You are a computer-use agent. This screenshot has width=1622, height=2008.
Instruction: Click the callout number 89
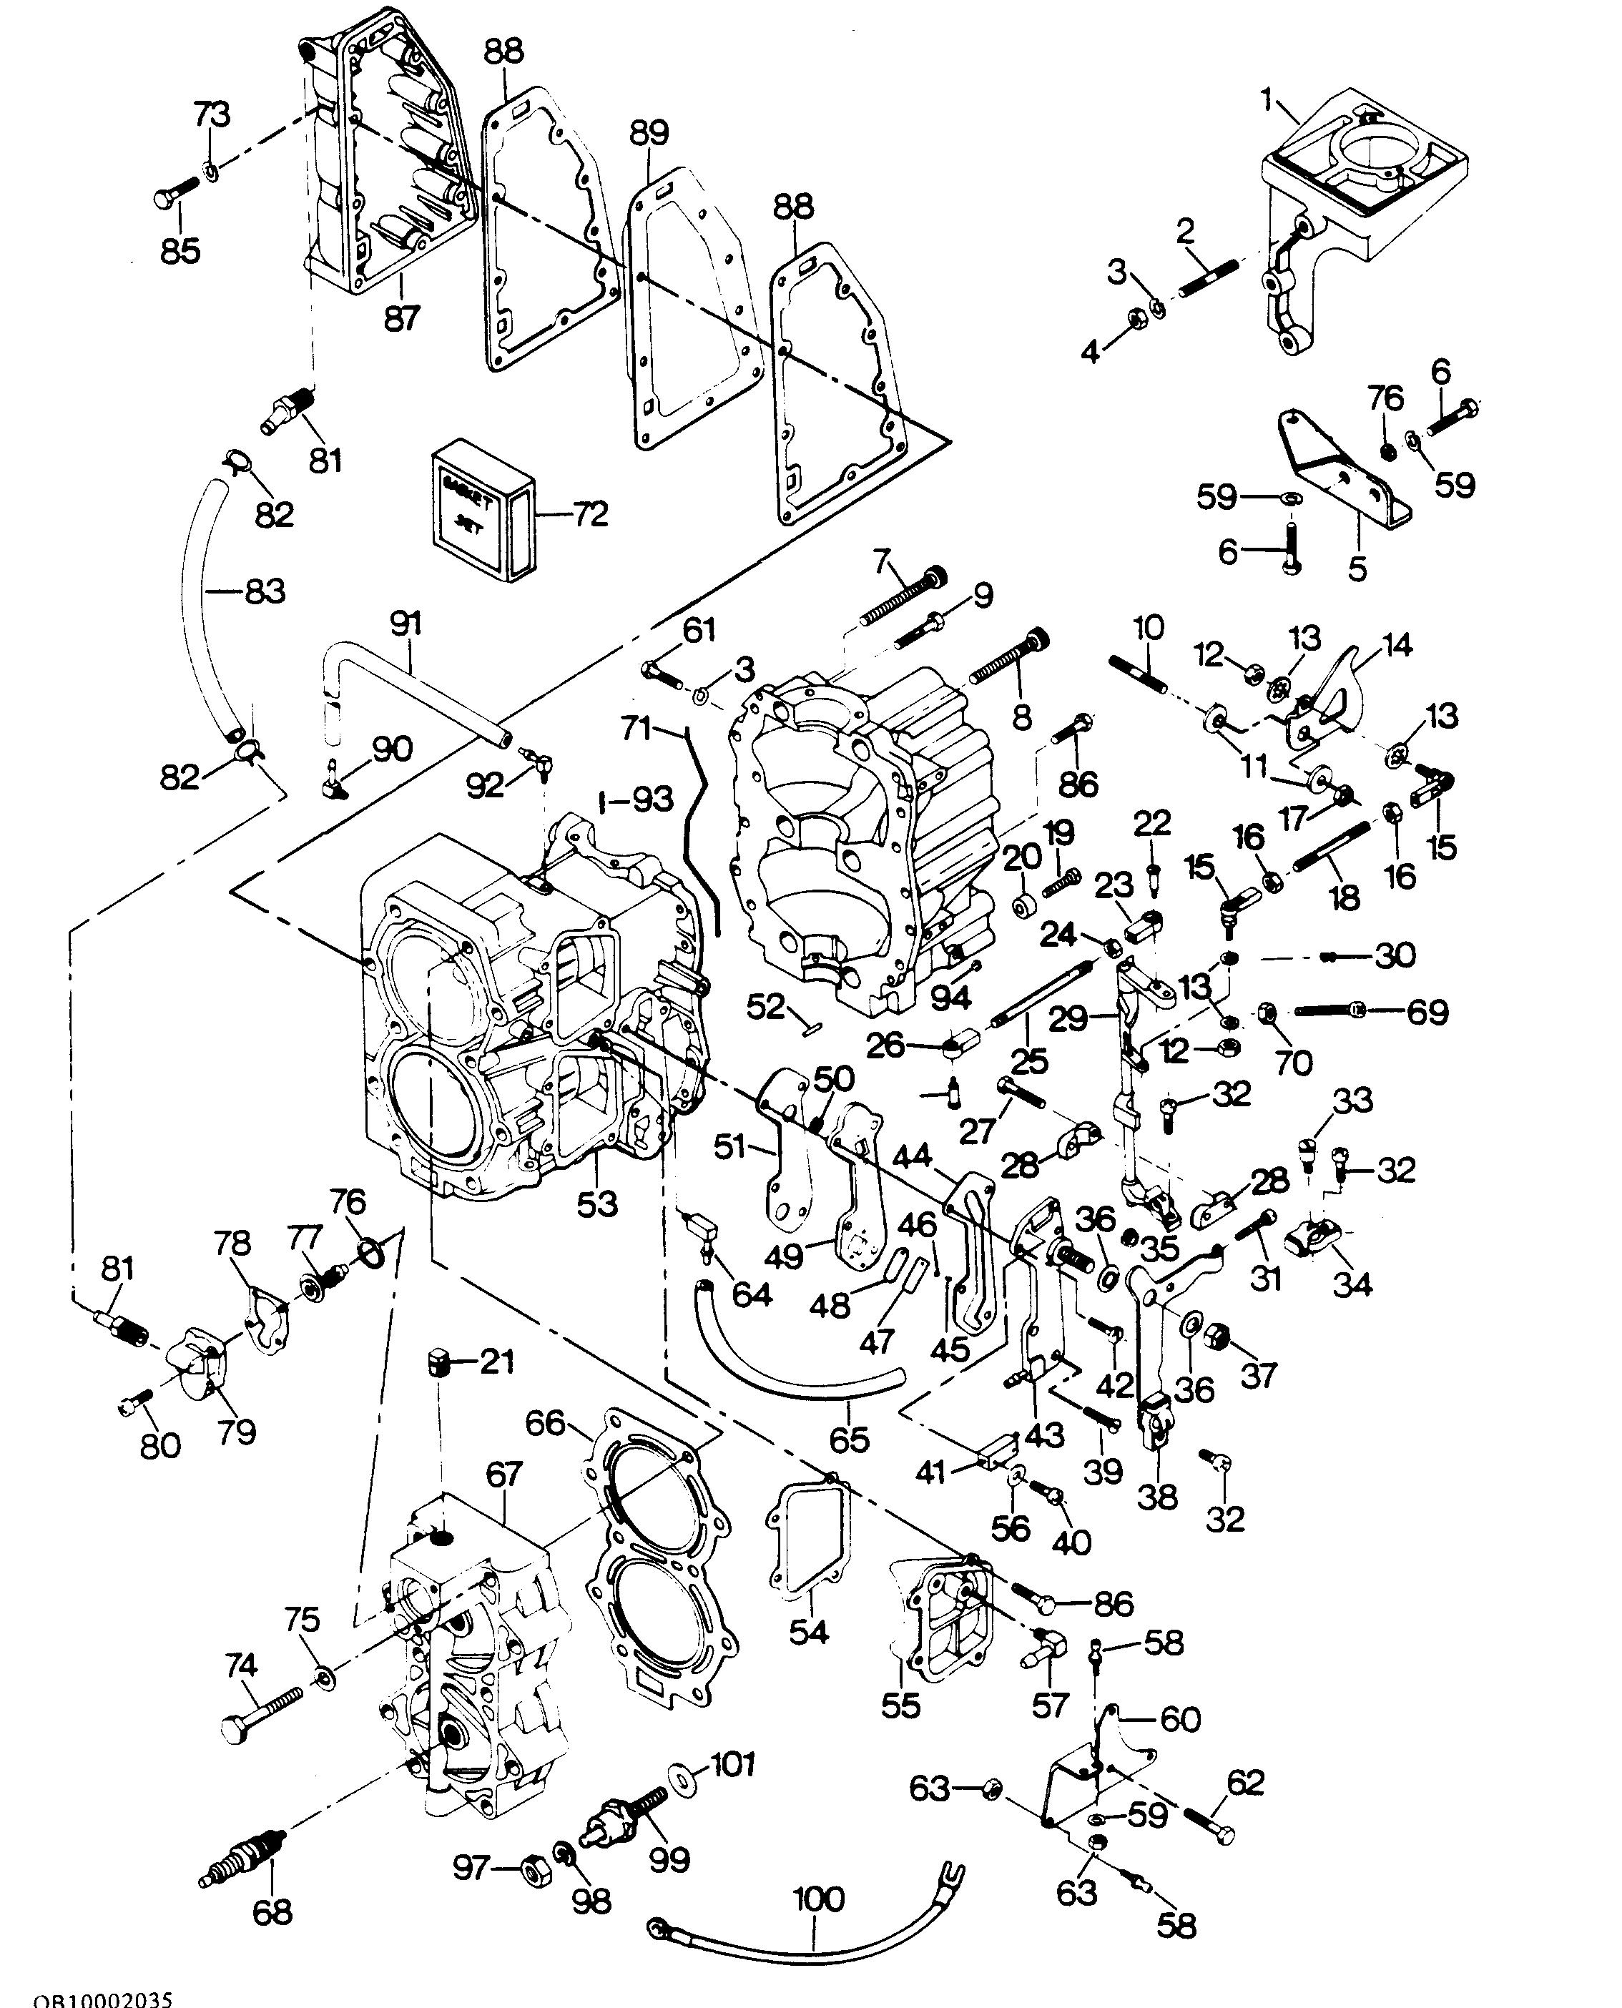pos(649,134)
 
